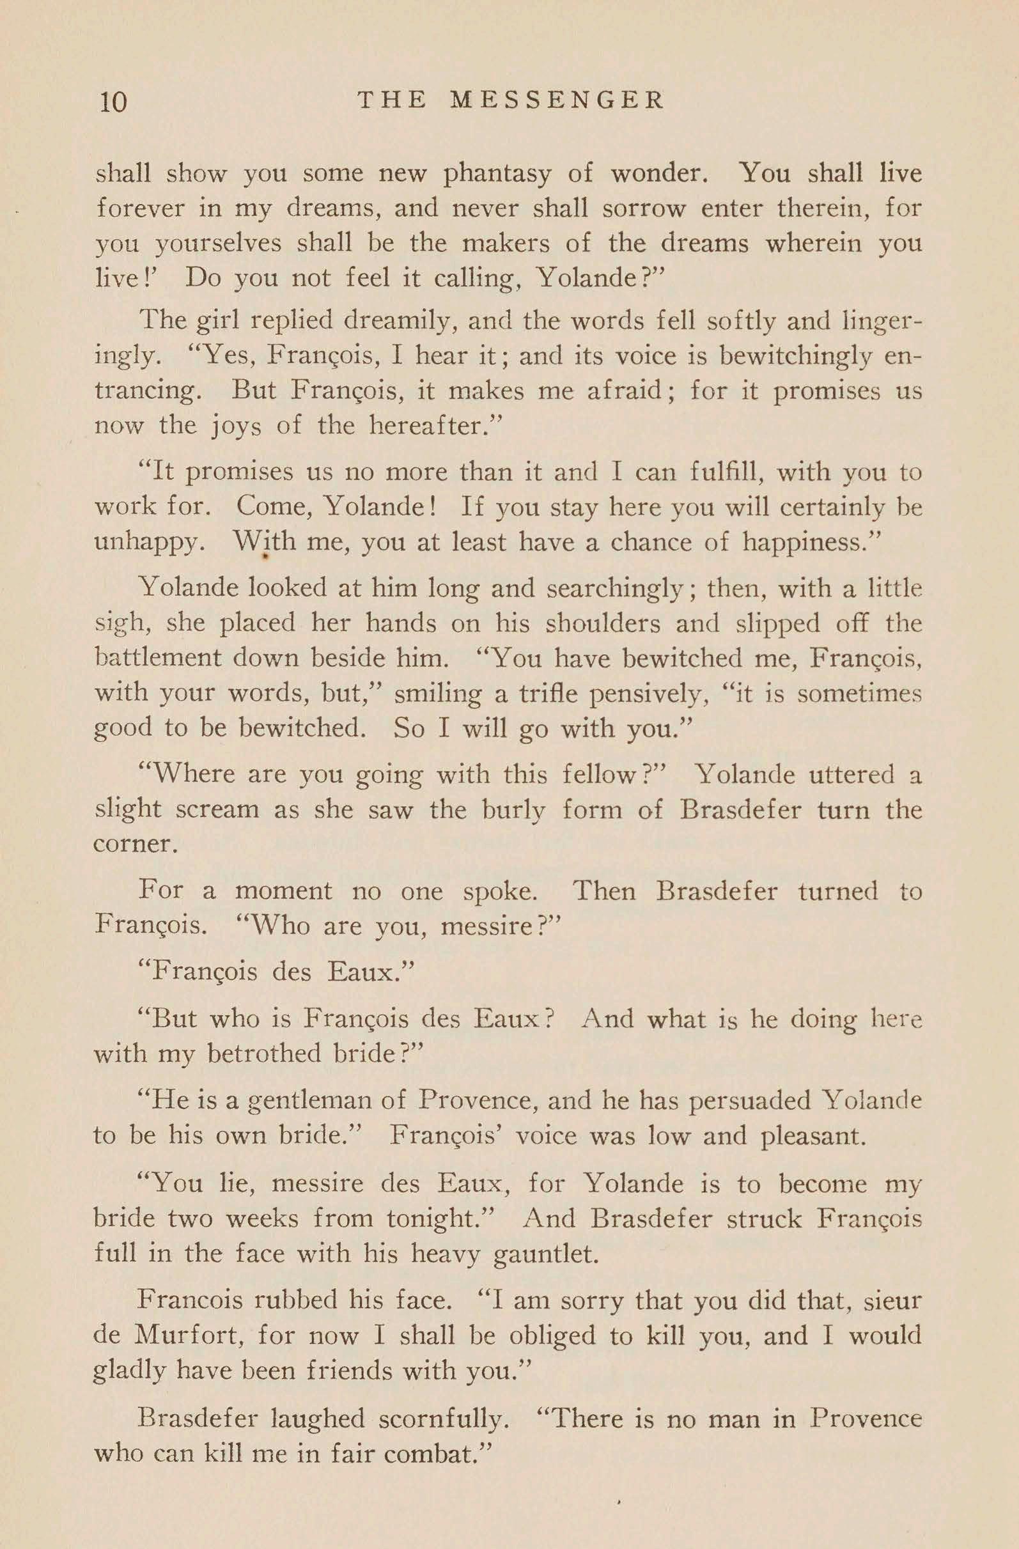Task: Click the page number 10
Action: pyautogui.click(x=113, y=102)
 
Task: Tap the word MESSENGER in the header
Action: pyautogui.click(x=557, y=100)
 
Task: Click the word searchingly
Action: pyautogui.click(x=621, y=588)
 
